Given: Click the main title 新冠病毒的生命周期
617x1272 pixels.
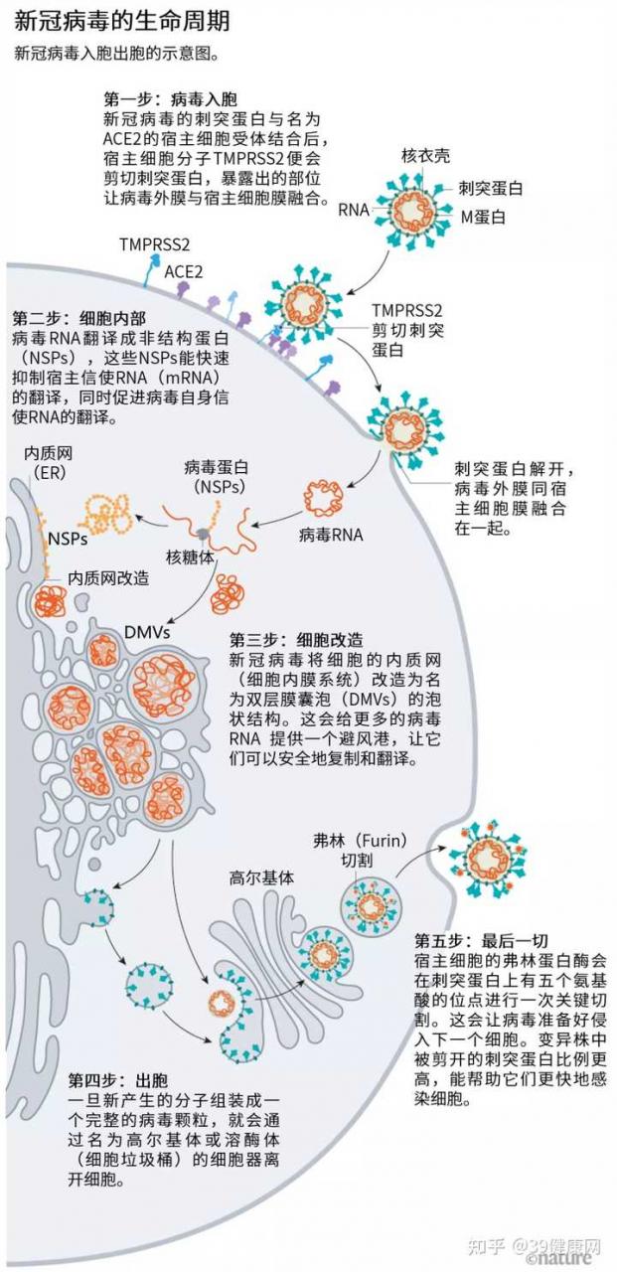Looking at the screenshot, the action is tap(121, 21).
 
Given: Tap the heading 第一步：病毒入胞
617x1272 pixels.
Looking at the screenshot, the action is tap(170, 99).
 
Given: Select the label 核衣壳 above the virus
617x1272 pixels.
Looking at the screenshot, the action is tap(425, 156).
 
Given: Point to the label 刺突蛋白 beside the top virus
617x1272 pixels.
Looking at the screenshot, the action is tap(491, 189).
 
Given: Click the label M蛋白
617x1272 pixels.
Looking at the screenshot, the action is tap(483, 217).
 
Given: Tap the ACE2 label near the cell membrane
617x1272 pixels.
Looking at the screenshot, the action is tap(184, 271).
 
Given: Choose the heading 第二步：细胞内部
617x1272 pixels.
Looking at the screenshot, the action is tap(78, 317).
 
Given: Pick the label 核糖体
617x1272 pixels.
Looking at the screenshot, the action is tap(190, 557).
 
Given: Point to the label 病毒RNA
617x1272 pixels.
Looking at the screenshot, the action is tap(331, 535).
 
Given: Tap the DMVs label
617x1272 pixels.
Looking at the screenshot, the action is tap(147, 632).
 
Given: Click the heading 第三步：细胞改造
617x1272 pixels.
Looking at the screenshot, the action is tap(296, 640).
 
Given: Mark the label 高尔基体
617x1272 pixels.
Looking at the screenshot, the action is tap(261, 877).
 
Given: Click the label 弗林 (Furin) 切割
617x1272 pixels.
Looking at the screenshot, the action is tap(360, 850).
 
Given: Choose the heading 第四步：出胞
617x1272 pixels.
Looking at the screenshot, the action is tap(118, 1079).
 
